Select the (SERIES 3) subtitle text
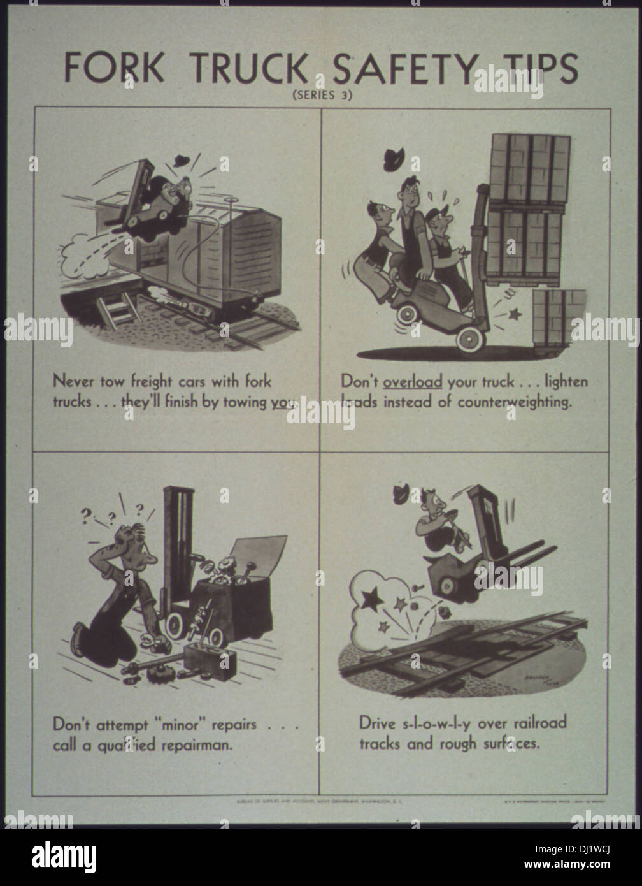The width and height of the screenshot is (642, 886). [x=322, y=96]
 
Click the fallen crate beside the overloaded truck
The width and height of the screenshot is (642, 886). [x=559, y=319]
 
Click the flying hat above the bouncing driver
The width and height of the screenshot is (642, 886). [x=403, y=493]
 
